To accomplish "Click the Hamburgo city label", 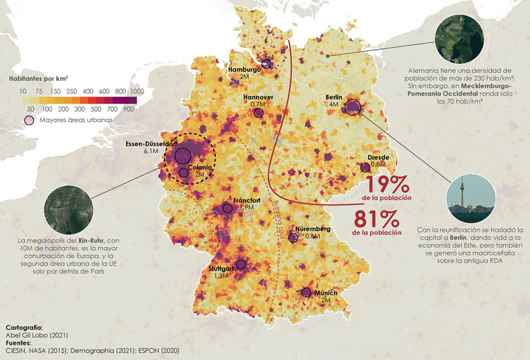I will coord(245,70).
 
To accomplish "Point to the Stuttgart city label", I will coord(221,268).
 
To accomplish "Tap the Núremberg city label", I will coord(313,228).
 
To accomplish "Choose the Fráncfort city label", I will coord(246,200).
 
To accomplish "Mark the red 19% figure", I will coord(387,185).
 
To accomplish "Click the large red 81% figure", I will coord(376,219).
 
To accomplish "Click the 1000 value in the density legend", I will coord(136,91).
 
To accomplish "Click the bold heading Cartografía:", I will coord(24,326).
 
